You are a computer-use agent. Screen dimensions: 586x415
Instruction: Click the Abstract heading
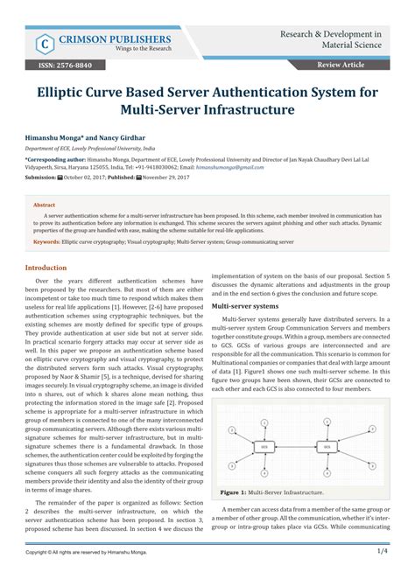[44, 205]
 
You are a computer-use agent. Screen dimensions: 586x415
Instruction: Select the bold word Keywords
[46, 241]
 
